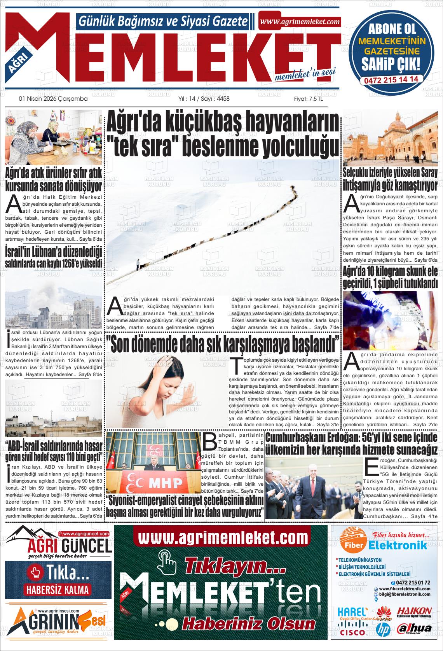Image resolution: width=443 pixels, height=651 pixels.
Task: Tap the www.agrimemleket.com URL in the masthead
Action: pyautogui.click(x=300, y=22)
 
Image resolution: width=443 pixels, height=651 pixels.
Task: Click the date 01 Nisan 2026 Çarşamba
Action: pyautogui.click(x=53, y=99)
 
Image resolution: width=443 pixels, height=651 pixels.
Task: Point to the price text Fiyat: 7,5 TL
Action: pyautogui.click(x=308, y=99)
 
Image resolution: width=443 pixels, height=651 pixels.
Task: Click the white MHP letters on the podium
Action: pyautogui.click(x=166, y=483)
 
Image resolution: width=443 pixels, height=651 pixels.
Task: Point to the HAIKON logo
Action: pyautogui.click(x=414, y=612)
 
